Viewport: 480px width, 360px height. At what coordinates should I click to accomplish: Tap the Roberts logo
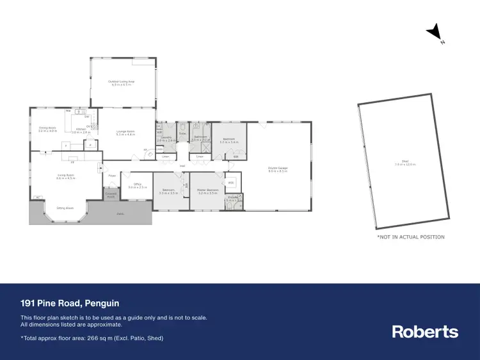pos(425,331)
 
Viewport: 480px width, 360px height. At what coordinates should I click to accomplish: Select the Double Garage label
pos(278,169)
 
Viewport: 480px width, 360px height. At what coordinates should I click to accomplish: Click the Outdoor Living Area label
pos(121,82)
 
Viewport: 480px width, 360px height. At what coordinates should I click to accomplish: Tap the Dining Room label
pos(48,129)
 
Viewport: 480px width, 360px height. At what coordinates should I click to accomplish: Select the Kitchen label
pos(81,130)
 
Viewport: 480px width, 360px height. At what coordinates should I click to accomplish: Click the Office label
pos(138,186)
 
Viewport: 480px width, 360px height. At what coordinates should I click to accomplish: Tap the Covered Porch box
pos(111,195)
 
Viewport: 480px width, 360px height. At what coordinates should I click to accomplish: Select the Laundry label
pos(166,139)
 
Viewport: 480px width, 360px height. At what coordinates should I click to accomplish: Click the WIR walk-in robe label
pos(231,182)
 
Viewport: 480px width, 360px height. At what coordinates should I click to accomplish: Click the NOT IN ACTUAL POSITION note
pos(410,237)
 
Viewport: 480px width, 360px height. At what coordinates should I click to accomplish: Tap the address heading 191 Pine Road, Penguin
pos(70,303)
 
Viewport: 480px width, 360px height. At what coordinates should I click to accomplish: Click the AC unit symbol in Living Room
pos(38,197)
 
